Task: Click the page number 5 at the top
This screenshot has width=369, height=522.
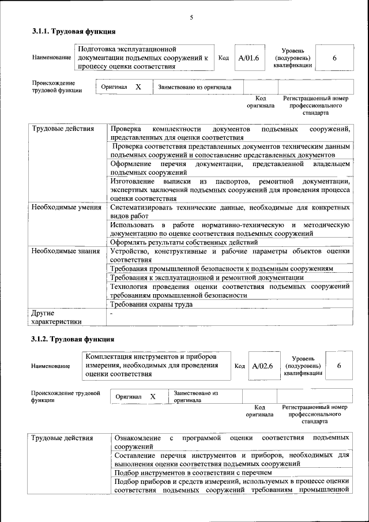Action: (x=191, y=17)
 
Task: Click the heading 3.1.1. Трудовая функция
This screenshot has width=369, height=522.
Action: (x=73, y=31)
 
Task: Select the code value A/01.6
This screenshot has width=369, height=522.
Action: (x=249, y=58)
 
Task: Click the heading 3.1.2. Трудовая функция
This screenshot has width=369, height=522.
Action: (x=73, y=339)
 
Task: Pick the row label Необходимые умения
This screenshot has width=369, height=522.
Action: (x=66, y=207)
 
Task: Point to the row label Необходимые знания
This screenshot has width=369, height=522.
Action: (x=66, y=251)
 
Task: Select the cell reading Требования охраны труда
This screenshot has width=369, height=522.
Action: (x=151, y=304)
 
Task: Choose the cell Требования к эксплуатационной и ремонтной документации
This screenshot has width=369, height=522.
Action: (x=207, y=277)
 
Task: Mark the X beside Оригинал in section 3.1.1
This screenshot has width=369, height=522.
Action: (x=138, y=87)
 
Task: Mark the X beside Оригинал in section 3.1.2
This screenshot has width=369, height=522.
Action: (x=153, y=397)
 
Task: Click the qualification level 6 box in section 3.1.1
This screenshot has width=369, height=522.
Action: (x=334, y=58)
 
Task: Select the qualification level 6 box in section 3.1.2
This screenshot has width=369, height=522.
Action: (x=339, y=366)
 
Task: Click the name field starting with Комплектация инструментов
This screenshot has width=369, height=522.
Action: (x=155, y=365)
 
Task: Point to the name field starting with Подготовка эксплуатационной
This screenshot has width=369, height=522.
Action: (x=144, y=58)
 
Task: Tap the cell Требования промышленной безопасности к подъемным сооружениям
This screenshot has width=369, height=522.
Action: (x=222, y=269)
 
